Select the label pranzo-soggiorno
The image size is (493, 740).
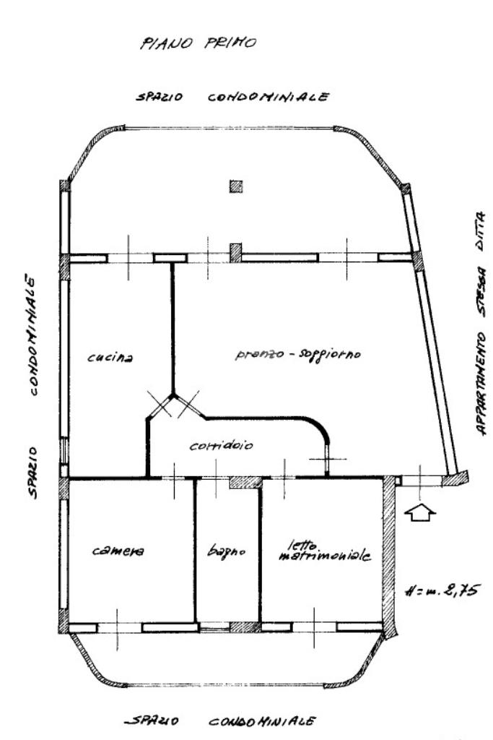coord(297,355)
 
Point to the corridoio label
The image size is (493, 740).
coord(221,445)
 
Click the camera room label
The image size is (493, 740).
coord(118,551)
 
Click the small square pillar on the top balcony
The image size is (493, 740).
coord(236,186)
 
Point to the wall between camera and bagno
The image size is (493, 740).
coord(195,549)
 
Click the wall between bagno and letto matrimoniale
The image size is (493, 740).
coord(261,549)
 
